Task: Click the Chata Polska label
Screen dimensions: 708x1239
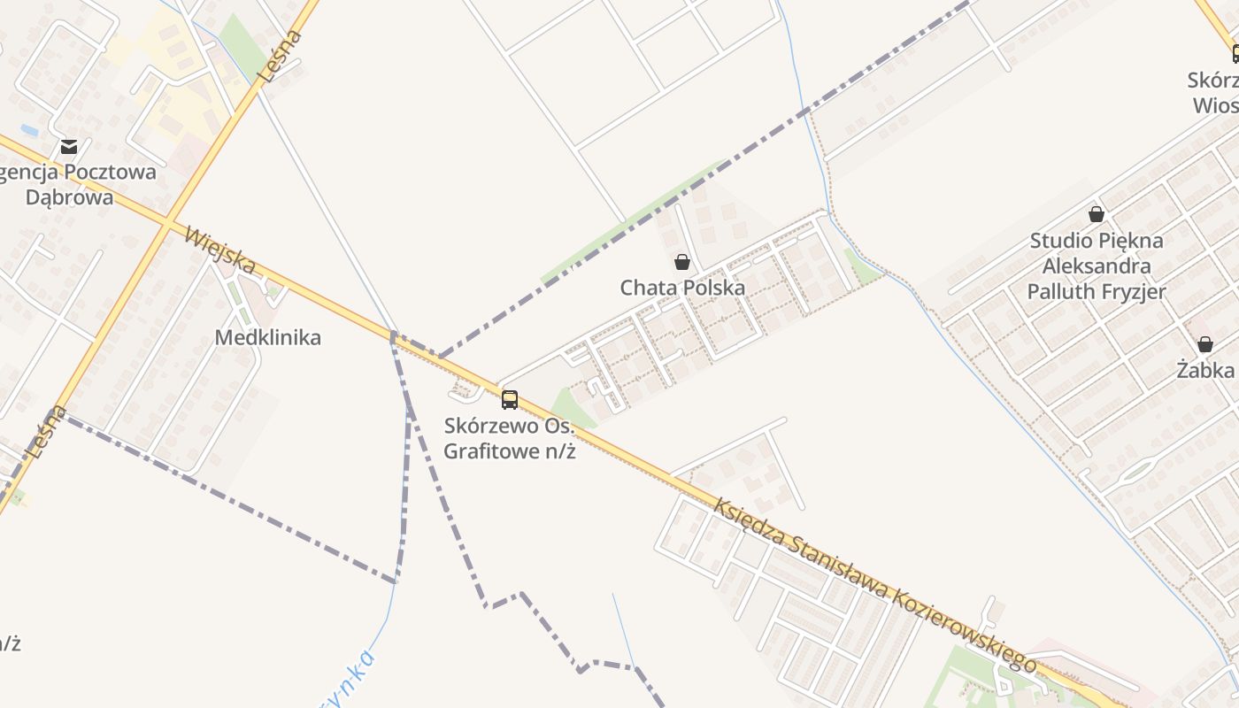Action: click(x=681, y=288)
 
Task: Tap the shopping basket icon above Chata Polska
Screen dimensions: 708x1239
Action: click(x=681, y=262)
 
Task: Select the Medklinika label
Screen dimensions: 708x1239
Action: click(x=267, y=337)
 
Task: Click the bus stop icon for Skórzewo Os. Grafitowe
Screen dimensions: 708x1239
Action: click(x=510, y=399)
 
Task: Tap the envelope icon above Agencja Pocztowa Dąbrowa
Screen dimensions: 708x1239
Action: click(x=69, y=147)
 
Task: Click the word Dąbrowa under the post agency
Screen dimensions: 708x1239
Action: click(x=69, y=196)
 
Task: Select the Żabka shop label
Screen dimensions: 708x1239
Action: click(x=1204, y=370)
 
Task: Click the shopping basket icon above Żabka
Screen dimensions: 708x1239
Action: click(x=1204, y=344)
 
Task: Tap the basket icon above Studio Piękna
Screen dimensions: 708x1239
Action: click(x=1097, y=214)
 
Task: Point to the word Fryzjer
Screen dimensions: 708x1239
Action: click(x=1133, y=291)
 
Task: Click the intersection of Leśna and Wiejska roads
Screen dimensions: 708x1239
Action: click(x=165, y=223)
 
